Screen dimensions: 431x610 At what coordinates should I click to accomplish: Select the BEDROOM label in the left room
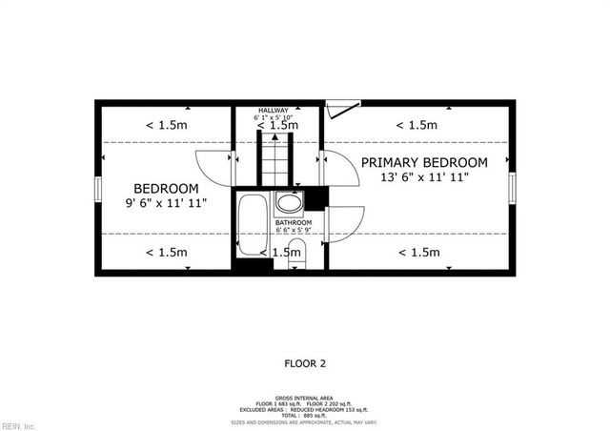(x=166, y=188)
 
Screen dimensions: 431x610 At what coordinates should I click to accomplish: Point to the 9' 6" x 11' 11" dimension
(x=166, y=203)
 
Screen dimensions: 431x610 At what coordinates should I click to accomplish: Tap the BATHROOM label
(x=294, y=223)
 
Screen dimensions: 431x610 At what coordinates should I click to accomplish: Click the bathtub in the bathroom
(x=254, y=225)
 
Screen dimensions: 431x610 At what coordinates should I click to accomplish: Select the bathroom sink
(x=288, y=202)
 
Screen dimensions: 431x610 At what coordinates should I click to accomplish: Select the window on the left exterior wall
(x=96, y=188)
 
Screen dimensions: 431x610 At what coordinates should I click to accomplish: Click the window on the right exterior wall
(x=512, y=188)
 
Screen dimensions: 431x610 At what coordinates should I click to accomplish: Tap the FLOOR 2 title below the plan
(x=305, y=363)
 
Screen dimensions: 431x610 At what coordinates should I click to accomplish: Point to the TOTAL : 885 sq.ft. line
(x=305, y=415)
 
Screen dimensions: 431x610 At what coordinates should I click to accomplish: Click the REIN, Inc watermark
(x=18, y=425)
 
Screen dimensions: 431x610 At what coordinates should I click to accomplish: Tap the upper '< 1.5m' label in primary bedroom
(x=417, y=125)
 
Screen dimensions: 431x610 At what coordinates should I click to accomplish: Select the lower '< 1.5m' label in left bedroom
(x=166, y=252)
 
